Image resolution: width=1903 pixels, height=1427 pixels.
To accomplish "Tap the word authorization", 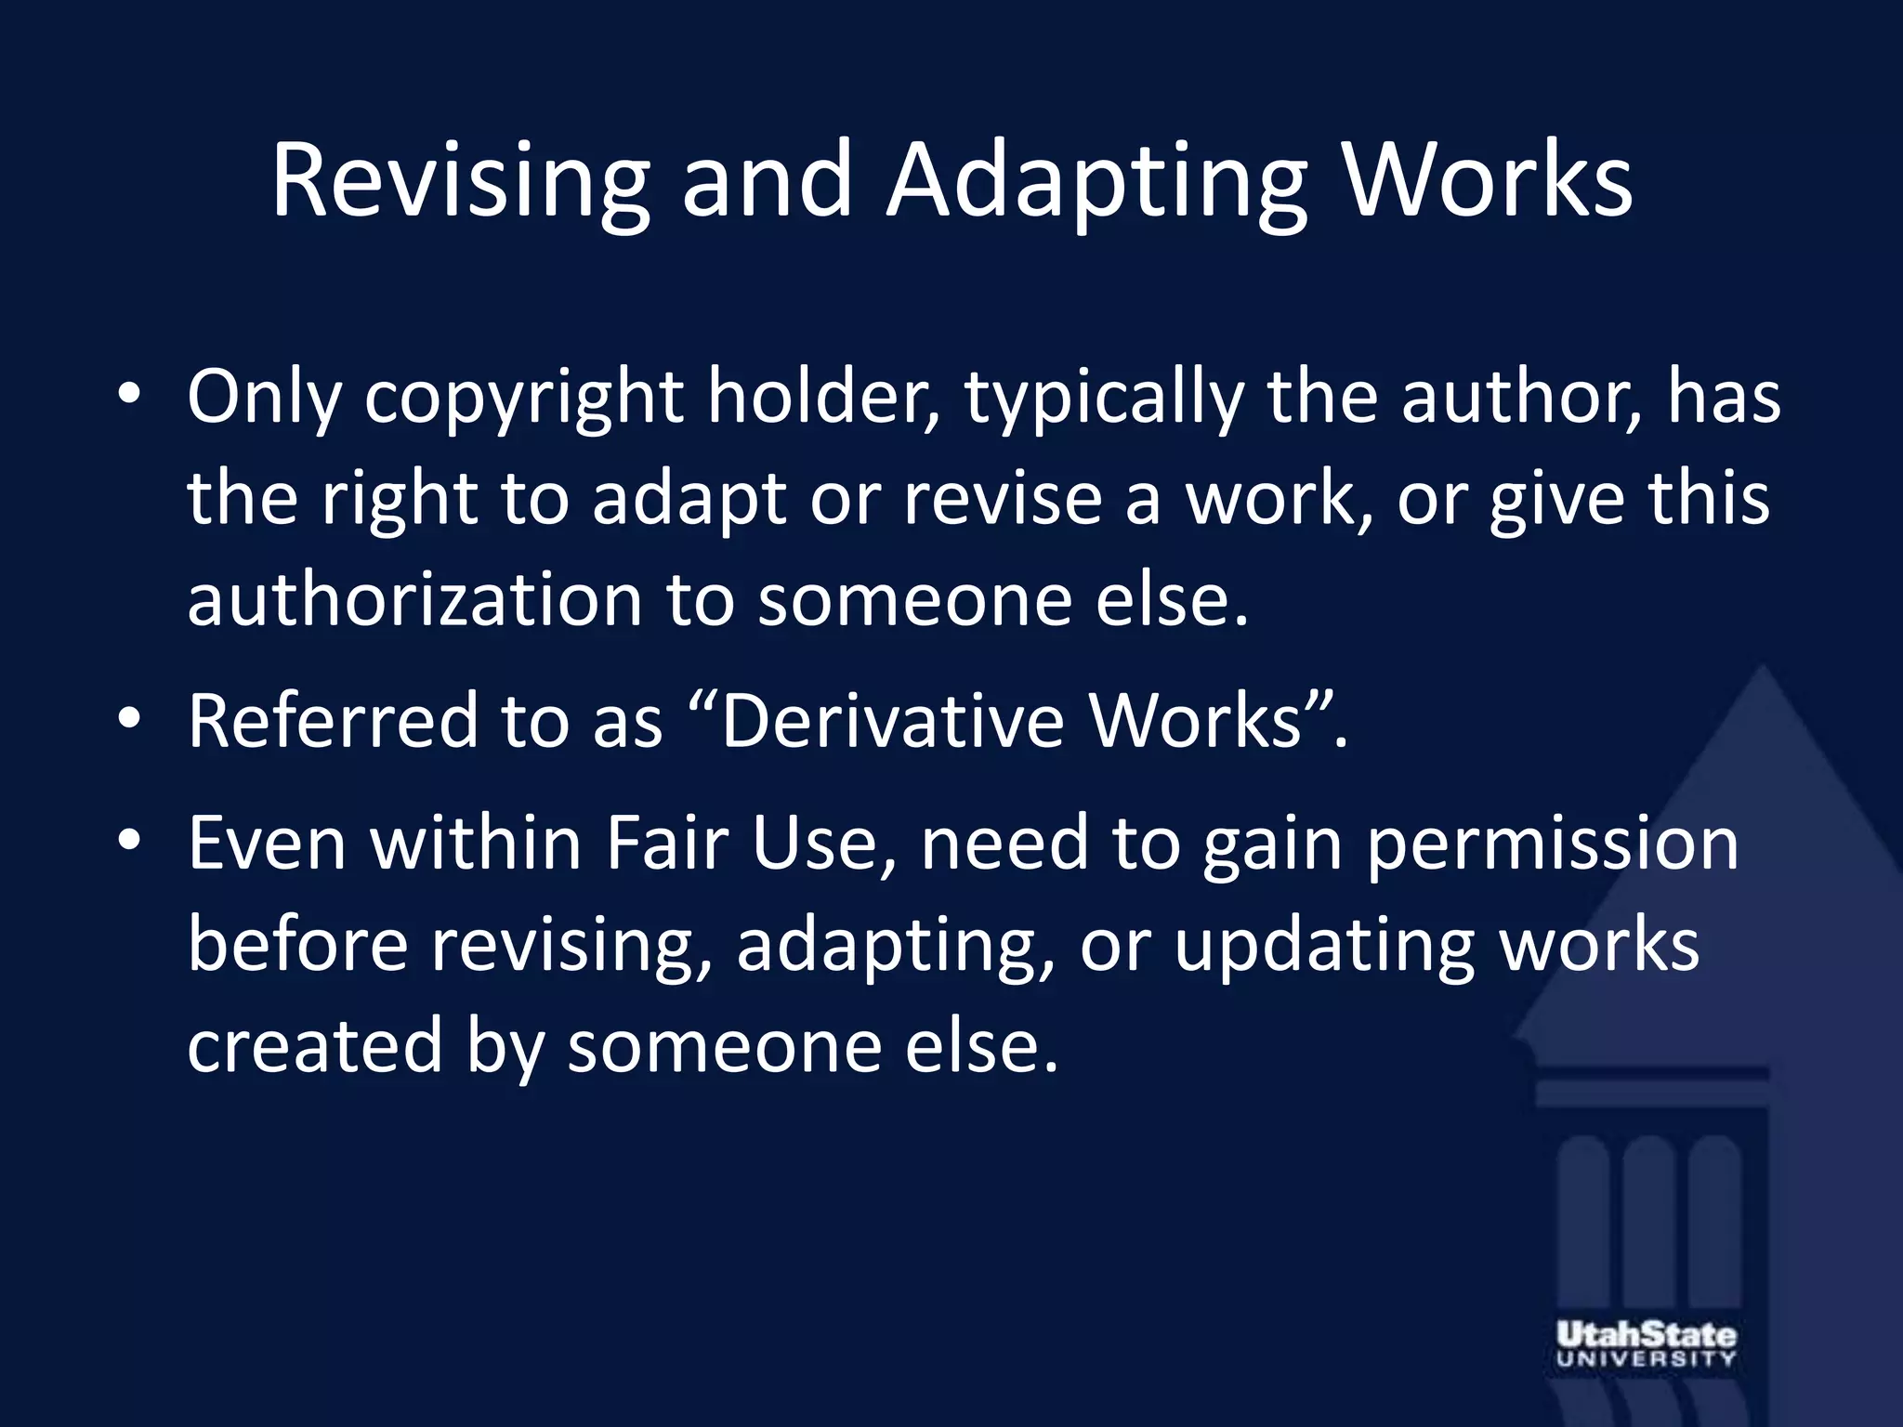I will click(x=414, y=599).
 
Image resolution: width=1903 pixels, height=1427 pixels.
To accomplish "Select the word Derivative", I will click(x=893, y=722).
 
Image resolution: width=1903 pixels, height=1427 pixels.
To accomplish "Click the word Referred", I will click(x=333, y=722).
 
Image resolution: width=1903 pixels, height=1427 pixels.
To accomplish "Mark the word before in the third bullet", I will click(x=298, y=946).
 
